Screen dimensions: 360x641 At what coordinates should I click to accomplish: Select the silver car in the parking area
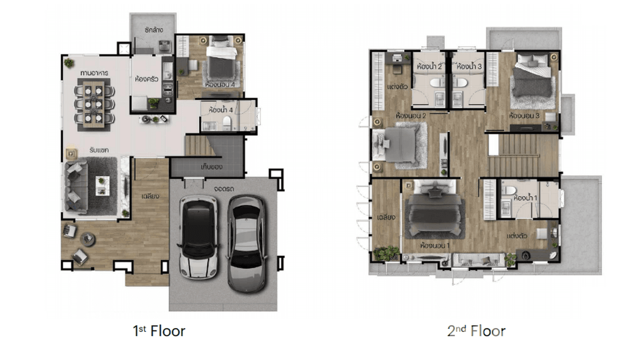point(246,244)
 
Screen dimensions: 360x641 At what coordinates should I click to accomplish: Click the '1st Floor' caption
point(159,330)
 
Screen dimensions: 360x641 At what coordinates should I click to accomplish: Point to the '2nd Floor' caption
point(476,330)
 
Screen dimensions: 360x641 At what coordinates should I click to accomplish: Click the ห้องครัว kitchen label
point(147,79)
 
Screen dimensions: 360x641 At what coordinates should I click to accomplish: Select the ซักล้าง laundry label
point(154,30)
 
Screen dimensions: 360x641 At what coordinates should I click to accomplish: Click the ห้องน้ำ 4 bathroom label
point(221,110)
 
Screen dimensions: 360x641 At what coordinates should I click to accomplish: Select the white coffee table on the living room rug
point(102,185)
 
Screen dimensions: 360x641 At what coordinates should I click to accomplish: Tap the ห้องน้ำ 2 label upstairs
point(428,66)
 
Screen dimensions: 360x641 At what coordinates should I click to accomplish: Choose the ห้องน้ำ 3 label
point(468,66)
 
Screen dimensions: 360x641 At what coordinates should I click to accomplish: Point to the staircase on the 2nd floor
point(523,155)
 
